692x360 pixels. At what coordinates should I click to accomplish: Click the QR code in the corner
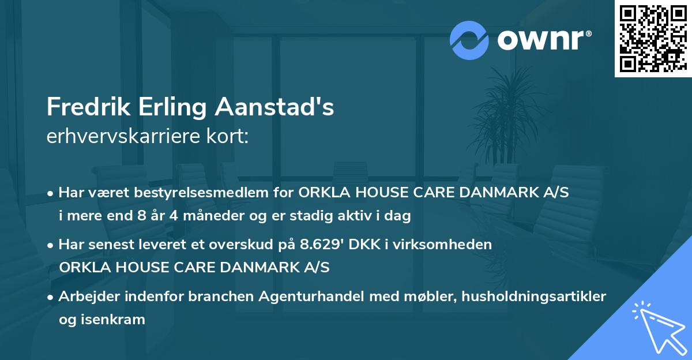click(653, 38)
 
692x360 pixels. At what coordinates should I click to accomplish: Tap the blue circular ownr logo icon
click(469, 40)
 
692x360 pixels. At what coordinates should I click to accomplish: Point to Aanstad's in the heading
click(274, 108)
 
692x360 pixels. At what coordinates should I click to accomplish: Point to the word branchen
click(221, 297)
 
